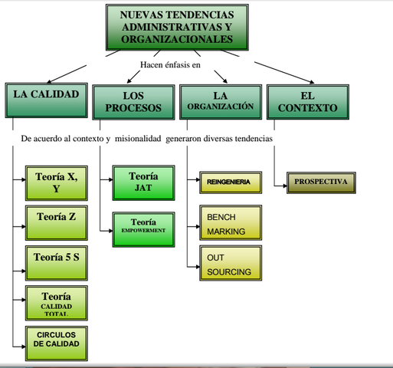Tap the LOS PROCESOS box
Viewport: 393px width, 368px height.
[133, 102]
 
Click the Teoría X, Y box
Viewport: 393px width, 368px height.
[56, 183]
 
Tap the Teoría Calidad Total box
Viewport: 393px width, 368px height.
[56, 303]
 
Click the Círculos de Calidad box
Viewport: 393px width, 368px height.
[56, 343]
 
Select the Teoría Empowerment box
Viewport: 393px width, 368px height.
[144, 228]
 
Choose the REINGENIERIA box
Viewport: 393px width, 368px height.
[229, 182]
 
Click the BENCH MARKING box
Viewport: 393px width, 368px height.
[229, 223]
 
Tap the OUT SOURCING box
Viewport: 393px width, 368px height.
[229, 264]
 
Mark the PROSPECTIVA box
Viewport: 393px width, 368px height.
[321, 182]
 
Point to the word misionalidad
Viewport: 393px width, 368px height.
[136, 139]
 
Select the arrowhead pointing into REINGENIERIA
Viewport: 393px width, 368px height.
[196, 182]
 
